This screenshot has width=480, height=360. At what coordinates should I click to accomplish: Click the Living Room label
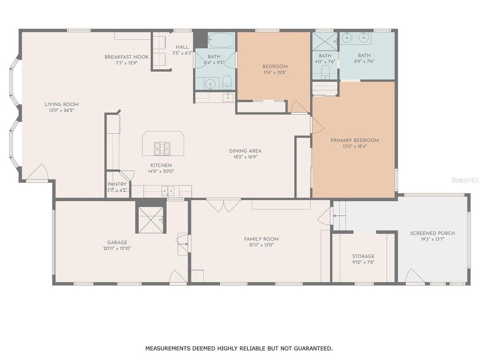[x=61, y=105]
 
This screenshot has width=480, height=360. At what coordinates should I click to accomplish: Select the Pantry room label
[x=117, y=184]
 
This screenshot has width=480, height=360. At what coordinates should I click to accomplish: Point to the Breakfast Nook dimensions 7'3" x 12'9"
[x=127, y=63]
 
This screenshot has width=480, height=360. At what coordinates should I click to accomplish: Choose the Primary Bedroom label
[x=354, y=140]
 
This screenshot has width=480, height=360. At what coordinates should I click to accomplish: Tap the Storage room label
[x=363, y=256]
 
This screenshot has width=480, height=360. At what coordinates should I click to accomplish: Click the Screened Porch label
[x=432, y=233]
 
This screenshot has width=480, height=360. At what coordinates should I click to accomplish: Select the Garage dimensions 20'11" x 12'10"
[x=117, y=248]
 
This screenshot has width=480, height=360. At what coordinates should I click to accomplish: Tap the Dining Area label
[x=245, y=151]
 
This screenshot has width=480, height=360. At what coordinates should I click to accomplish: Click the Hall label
[x=182, y=47]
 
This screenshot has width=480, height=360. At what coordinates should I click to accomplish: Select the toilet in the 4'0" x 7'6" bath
[x=326, y=72]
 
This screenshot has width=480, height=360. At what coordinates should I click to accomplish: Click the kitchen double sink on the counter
[x=167, y=191]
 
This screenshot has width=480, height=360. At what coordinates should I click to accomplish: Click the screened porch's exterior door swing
[x=414, y=277]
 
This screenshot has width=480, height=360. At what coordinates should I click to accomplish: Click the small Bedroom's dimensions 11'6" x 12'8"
[x=275, y=72]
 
